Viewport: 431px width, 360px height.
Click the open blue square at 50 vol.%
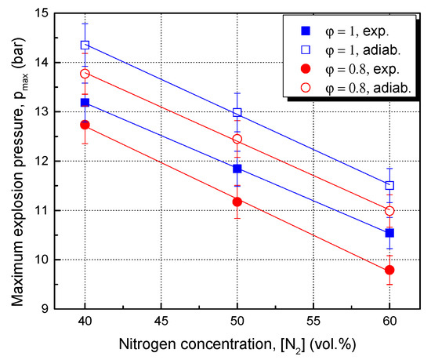point(237,113)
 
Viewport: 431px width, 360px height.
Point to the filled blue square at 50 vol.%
point(237,169)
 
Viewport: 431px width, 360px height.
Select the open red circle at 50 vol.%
point(237,140)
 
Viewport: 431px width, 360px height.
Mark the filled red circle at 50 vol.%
point(237,202)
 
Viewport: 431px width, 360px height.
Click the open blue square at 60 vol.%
point(389,186)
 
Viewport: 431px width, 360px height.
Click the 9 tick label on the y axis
point(44,309)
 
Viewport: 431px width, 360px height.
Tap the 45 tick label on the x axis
point(161,321)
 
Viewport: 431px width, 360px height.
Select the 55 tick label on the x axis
point(313,321)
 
